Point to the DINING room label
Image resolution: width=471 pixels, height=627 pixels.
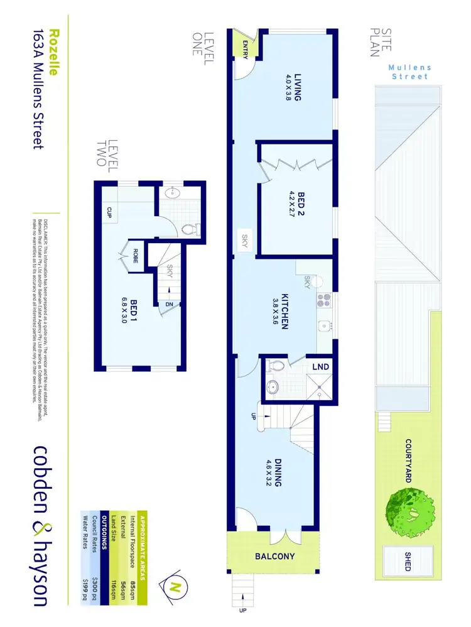[x=274, y=476]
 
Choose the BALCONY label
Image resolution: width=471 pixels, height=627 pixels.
[x=274, y=557]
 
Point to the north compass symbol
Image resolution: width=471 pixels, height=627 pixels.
[x=175, y=587]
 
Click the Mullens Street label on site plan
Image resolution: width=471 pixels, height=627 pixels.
[x=408, y=72]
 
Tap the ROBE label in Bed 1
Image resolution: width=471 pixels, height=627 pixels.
[x=135, y=254]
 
